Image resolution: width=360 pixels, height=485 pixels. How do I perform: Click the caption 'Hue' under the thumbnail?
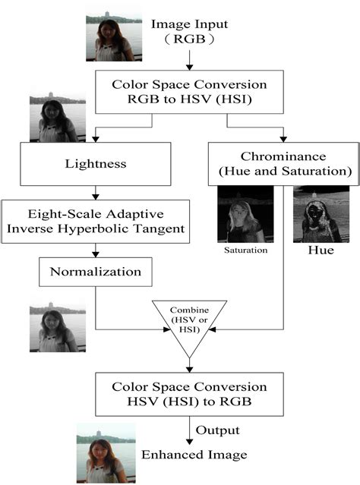click(x=315, y=248)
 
